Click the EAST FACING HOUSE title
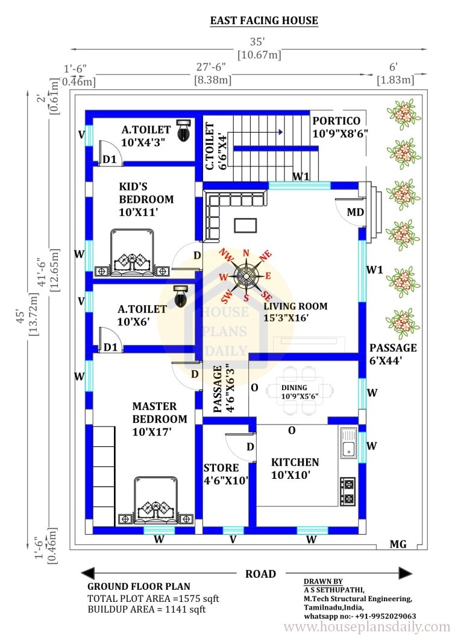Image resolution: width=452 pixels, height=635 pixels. point(264,21)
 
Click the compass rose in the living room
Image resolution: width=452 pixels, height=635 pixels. point(245,276)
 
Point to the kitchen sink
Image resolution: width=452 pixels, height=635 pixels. point(348,443)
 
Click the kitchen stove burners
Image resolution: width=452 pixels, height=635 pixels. point(348,491)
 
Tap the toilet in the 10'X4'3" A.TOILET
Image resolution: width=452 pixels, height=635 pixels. point(184,130)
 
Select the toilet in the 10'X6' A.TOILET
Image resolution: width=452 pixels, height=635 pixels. point(180,295)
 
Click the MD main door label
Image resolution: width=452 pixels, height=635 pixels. point(356,212)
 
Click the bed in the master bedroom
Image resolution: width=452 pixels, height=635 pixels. point(156,501)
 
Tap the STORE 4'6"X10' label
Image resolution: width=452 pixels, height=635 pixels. point(225,474)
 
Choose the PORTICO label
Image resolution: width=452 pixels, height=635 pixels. point(336,121)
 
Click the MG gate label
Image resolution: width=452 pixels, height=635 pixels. point(398,545)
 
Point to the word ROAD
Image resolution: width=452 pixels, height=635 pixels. point(260,574)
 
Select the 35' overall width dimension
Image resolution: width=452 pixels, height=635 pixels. point(257,42)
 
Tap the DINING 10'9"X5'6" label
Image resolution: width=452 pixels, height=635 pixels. point(300,392)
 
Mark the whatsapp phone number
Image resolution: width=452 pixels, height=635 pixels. point(360,616)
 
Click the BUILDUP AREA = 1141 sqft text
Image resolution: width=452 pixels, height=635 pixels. point(146,609)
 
